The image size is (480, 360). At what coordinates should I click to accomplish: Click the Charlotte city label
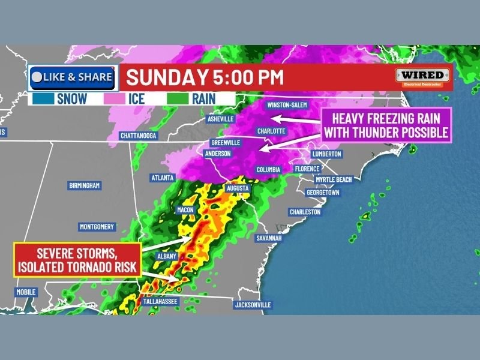tap(271, 131)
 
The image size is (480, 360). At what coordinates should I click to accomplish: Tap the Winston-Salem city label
tap(287, 105)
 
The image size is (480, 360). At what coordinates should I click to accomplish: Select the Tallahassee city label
tap(160, 301)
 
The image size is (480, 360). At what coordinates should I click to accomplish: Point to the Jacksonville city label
tap(253, 305)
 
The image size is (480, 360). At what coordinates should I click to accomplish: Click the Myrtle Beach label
tap(334, 180)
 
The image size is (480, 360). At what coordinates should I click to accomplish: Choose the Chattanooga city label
tap(138, 136)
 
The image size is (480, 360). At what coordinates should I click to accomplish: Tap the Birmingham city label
tap(84, 185)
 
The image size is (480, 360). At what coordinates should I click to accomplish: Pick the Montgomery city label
tap(97, 227)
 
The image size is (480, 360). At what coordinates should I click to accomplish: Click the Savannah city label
tap(268, 238)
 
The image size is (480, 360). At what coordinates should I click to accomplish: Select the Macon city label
tap(185, 210)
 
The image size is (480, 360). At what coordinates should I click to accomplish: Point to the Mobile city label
tap(26, 292)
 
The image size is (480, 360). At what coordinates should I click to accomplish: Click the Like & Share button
tap(71, 77)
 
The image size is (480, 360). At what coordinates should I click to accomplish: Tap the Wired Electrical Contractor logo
tap(422, 77)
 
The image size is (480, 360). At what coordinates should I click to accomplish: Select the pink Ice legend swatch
tap(116, 98)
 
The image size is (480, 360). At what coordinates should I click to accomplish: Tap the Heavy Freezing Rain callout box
tap(386, 125)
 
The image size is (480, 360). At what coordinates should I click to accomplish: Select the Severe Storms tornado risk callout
tap(77, 260)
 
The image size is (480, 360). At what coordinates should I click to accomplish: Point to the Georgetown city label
tap(323, 193)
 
